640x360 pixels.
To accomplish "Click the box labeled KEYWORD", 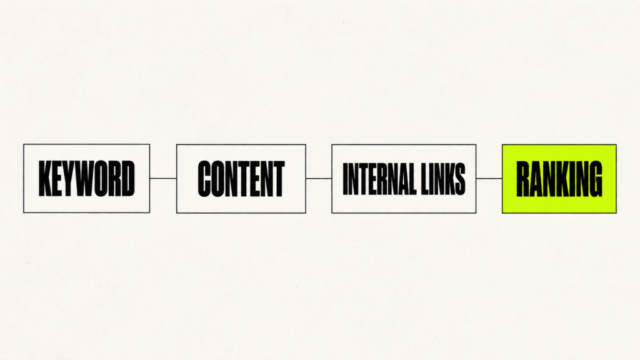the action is coord(86,178).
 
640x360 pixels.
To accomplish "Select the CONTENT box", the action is coord(241,178).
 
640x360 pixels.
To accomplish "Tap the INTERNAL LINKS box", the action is coord(404,178).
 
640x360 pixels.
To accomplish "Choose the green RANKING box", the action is coord(559,178).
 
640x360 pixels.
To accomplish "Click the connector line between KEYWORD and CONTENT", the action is coord(163,178).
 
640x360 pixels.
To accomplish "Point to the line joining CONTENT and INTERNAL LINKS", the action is coord(319,178).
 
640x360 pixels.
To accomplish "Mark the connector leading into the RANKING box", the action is coord(489,178).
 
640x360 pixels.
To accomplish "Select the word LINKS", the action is coord(444,178).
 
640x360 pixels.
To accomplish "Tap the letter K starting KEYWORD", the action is coord(45,178).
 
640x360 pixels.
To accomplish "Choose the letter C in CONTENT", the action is coord(204,178).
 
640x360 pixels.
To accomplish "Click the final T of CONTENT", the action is coord(279,178).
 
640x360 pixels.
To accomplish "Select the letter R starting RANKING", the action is coord(523,178).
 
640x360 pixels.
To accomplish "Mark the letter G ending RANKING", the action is coord(596,178).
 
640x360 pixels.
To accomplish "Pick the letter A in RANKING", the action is coord(538,178).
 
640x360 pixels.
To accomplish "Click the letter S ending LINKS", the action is coord(461,178).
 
